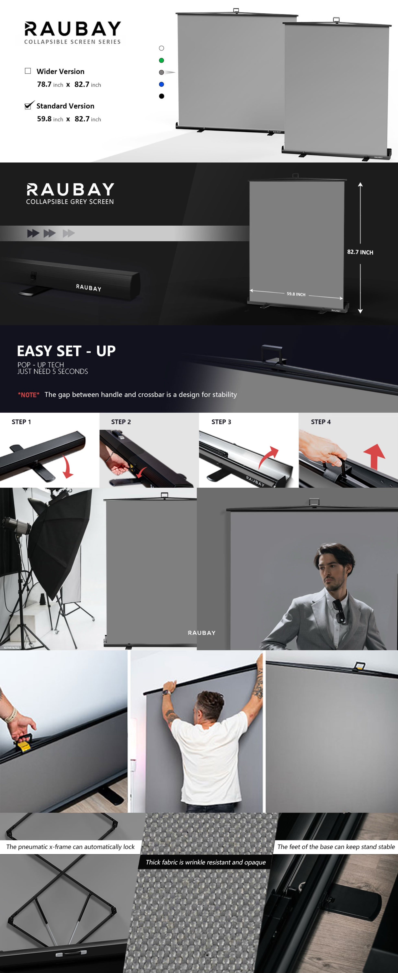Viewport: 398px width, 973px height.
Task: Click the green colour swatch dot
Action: coord(161,60)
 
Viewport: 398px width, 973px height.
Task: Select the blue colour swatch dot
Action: coord(161,84)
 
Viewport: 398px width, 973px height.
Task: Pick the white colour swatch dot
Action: coord(161,48)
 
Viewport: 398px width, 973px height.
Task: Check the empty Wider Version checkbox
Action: coord(27,71)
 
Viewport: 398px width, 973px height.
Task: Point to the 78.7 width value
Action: coord(44,84)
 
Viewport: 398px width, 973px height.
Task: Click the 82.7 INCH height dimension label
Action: coord(360,252)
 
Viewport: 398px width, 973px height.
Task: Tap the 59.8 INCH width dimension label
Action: coord(296,294)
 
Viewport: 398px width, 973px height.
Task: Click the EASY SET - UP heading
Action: coord(66,351)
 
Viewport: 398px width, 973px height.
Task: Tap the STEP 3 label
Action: coord(221,422)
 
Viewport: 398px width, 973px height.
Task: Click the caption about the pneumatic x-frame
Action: coord(71,847)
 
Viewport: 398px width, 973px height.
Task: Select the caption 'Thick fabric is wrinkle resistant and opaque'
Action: coord(206,862)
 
